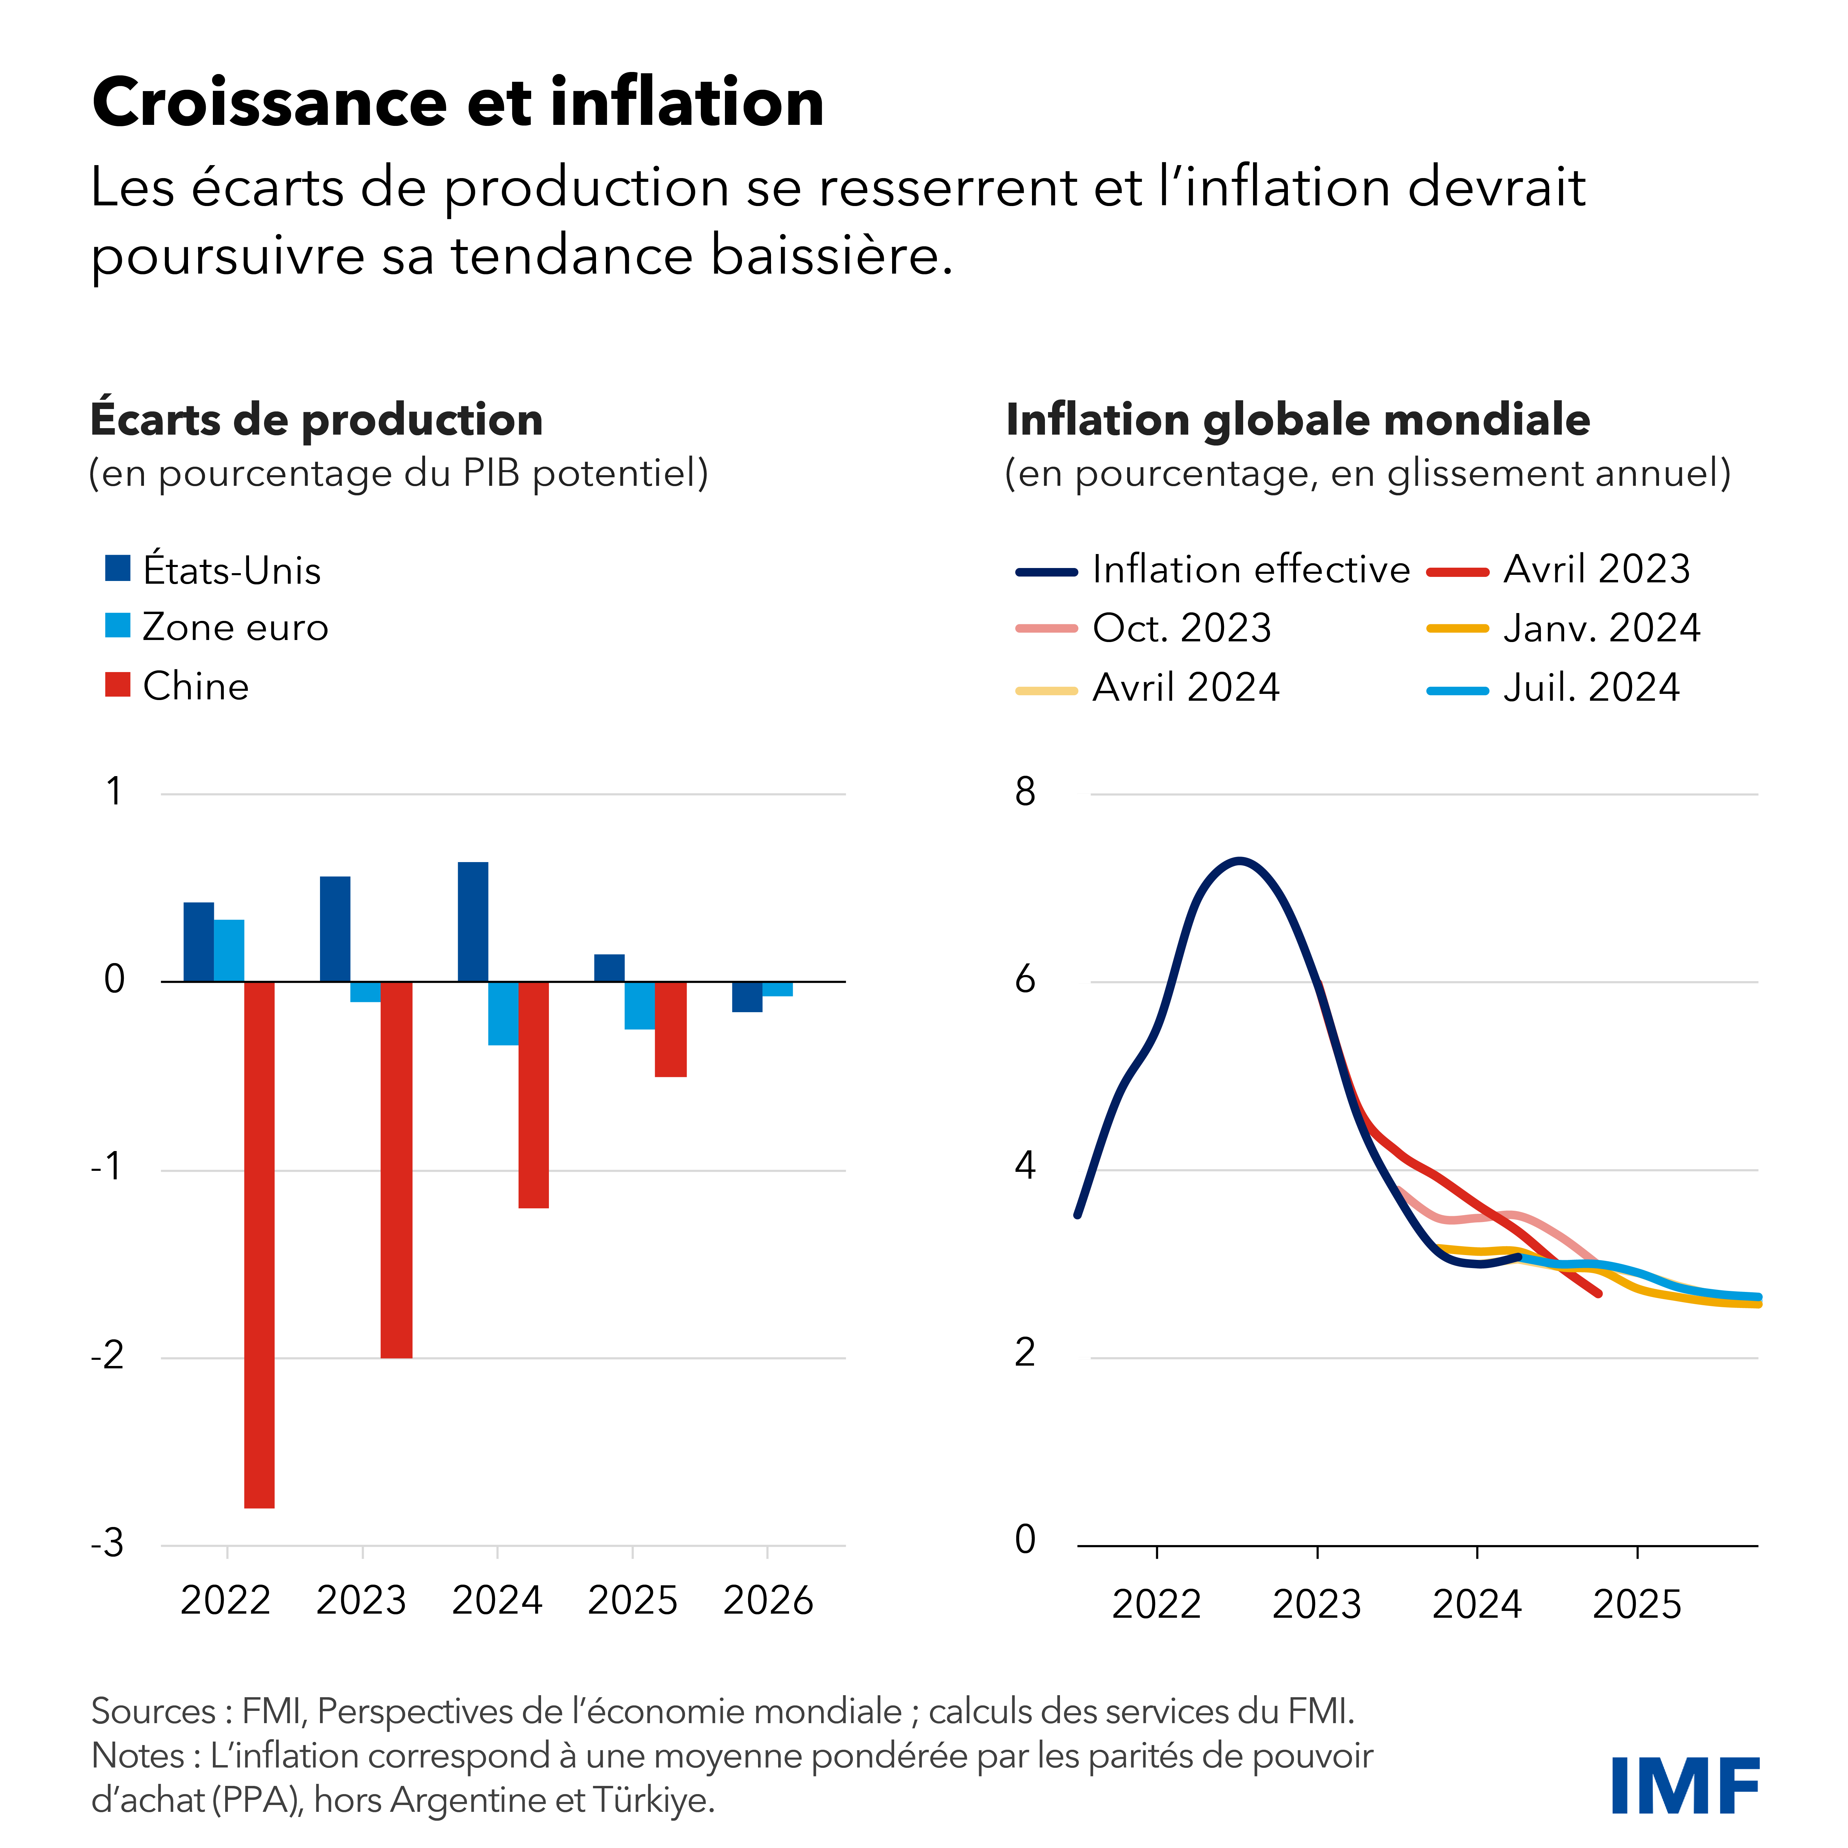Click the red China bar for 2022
click(259, 1243)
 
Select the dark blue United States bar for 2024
click(472, 922)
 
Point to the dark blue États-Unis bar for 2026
click(747, 997)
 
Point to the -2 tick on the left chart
click(108, 1356)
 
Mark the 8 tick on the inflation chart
click(1024, 792)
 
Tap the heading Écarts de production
click(316, 420)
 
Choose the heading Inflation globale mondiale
click(1297, 420)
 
